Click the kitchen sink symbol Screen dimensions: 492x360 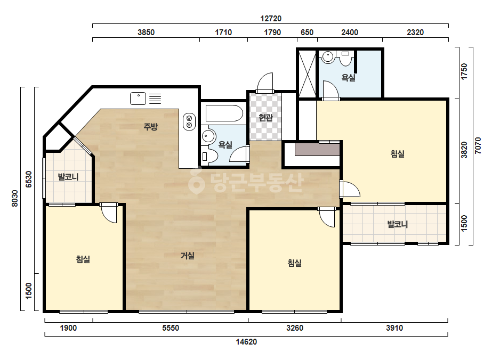pos(138,99)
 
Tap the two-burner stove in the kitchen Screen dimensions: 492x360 pos(189,121)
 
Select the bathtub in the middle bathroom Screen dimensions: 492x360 pos(224,113)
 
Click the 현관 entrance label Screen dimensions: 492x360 pos(265,118)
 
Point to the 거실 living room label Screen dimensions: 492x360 pos(188,256)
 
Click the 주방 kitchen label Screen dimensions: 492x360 pos(150,127)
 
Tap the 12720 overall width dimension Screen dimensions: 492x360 pos(271,19)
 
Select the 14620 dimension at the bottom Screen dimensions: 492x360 pos(246,342)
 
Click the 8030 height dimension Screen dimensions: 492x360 pos(15,199)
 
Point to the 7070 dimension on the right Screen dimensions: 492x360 pos(478,146)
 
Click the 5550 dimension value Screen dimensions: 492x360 pos(171,328)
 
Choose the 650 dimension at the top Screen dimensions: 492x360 pos(307,32)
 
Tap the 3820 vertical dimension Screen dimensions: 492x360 pos(464,150)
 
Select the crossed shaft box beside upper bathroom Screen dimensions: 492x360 pos(307,73)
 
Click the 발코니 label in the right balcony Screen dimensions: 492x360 pos(397,224)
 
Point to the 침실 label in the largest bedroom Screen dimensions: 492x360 pos(397,154)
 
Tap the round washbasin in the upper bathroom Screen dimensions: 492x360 pos(328,57)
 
